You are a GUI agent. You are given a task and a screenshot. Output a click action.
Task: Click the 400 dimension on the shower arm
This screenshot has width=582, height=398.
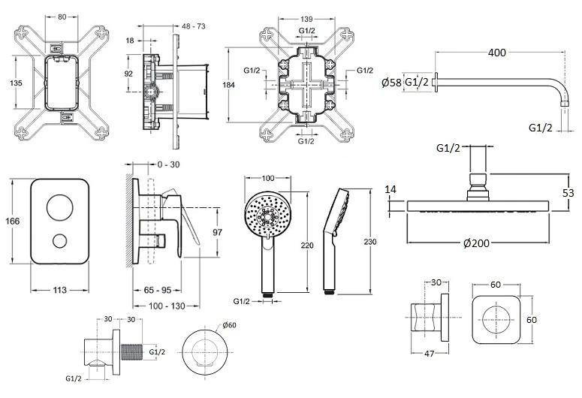point(496,53)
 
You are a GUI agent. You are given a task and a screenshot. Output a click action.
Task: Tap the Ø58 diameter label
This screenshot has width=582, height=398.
point(392,82)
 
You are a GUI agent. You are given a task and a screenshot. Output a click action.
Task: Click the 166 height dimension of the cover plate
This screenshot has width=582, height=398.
point(12,222)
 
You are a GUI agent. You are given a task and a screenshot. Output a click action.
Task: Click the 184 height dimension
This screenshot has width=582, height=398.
point(229,85)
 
